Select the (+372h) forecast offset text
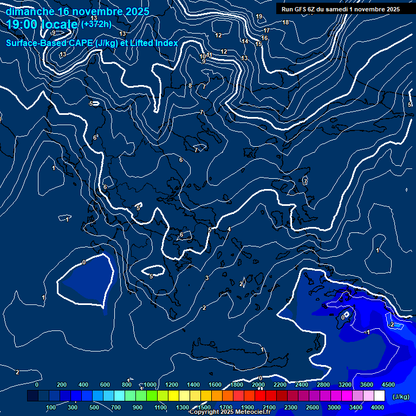96,24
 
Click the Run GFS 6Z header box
341,9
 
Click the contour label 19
259,16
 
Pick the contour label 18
285,22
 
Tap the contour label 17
266,31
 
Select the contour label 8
190,86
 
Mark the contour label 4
229,229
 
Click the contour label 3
207,278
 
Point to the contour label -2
392,324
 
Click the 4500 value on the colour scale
388,385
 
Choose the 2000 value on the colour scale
258,385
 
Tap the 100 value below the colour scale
51,407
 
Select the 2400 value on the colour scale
302,385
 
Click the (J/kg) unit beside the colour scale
400,397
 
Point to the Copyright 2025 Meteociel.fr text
223,412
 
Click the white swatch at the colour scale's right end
379,396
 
